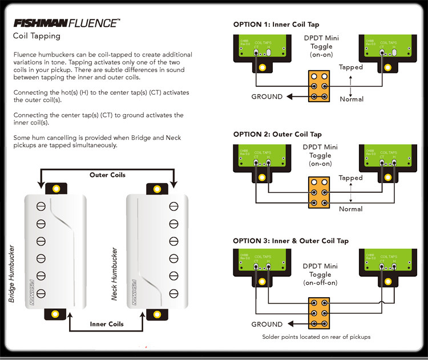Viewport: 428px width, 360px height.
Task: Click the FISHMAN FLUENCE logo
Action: (66, 23)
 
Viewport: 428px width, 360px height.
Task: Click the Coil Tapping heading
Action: (37, 36)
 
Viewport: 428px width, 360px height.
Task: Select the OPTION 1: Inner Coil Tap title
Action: (276, 25)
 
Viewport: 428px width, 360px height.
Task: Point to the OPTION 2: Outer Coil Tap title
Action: (277, 134)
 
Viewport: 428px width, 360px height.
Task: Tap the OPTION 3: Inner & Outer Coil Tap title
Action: (290, 241)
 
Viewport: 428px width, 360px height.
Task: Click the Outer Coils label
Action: (107, 175)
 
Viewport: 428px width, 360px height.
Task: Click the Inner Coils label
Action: (107, 324)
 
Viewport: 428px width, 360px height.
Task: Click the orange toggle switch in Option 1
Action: (318, 87)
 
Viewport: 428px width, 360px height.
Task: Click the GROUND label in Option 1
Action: (267, 96)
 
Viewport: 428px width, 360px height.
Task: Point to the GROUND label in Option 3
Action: (267, 324)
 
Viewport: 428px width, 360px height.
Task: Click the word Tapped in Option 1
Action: (351, 67)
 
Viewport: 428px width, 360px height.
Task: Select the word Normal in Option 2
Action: (351, 209)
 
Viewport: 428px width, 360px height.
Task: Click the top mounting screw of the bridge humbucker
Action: (56, 188)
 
